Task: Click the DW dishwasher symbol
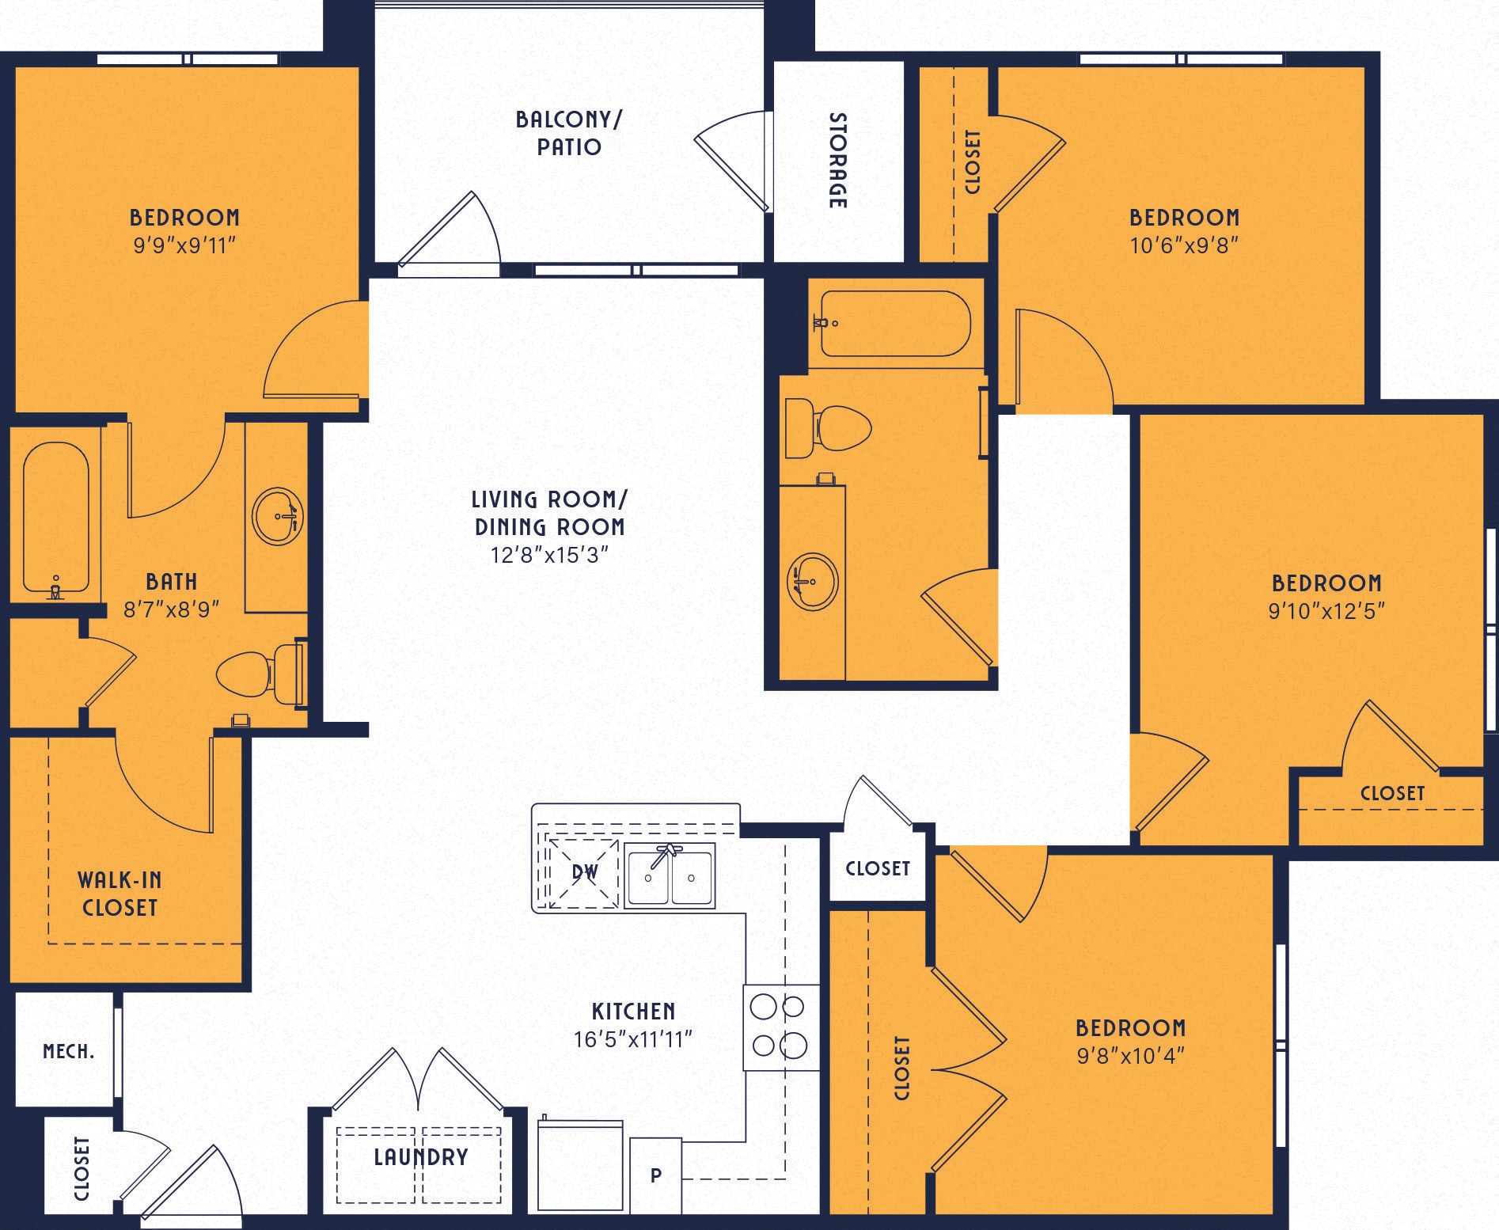584,872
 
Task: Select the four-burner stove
780,1027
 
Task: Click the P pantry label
656,1175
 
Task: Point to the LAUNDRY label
420,1157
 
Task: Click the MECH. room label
68,1052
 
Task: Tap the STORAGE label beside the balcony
837,161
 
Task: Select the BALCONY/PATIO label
569,133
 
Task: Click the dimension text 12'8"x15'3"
549,555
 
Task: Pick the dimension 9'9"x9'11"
184,245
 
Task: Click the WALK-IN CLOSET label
120,894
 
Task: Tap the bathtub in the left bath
55,518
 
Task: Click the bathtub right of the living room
894,324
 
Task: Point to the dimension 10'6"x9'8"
1184,245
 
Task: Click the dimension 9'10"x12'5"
1326,611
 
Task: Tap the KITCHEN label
633,1011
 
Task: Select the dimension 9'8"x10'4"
1130,1056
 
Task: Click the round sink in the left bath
278,516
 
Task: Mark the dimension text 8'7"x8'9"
171,609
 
